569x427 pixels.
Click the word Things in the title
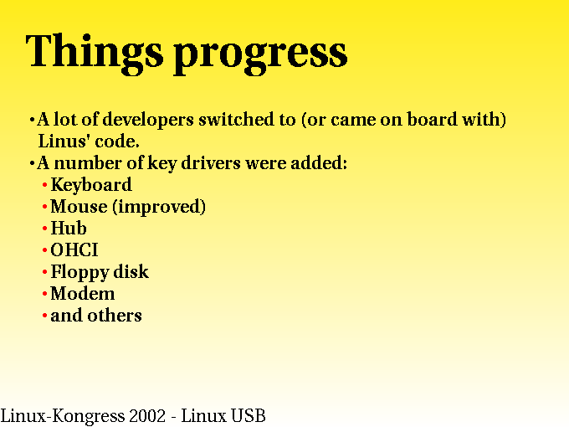[95, 54]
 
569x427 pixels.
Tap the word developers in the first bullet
[148, 121]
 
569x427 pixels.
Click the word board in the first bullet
[432, 119]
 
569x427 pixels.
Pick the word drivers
[211, 162]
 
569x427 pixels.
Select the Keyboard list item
[91, 185]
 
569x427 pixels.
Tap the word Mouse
[79, 206]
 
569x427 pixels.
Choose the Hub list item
[69, 228]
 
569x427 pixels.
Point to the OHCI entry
[74, 250]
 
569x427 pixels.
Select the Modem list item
[82, 293]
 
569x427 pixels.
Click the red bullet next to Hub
[44, 229]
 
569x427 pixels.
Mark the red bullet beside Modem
[44, 294]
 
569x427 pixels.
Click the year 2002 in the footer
[147, 416]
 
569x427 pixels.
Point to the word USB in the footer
[249, 416]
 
